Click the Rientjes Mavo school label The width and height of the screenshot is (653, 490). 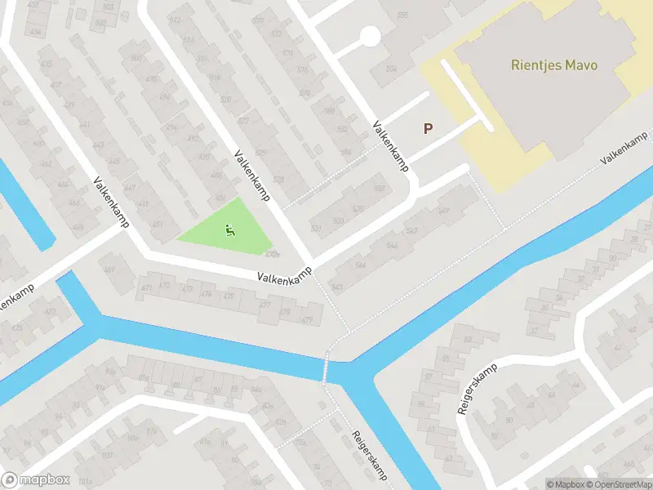(x=554, y=65)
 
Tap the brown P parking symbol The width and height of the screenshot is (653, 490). (x=427, y=128)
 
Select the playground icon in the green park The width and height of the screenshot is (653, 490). (x=230, y=231)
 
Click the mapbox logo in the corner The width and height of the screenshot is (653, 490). (x=36, y=480)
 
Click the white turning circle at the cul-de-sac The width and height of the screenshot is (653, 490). (x=370, y=36)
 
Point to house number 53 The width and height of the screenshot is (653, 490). (x=468, y=339)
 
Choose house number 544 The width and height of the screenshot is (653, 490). (x=360, y=266)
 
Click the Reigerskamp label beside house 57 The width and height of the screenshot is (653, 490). (x=473, y=396)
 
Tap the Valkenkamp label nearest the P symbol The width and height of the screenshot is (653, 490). (x=390, y=145)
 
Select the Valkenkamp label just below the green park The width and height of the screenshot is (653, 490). (x=284, y=278)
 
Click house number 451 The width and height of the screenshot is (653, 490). (x=157, y=225)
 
